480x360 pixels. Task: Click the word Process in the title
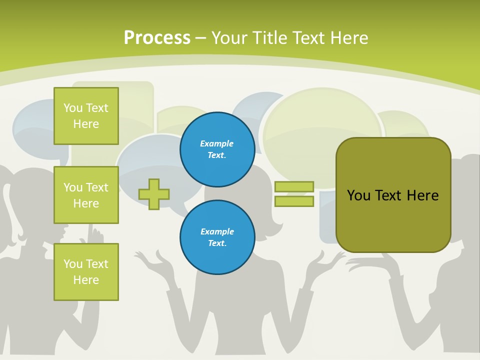click(157, 37)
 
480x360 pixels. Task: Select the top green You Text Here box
click(86, 116)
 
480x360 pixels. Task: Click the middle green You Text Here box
click(86, 195)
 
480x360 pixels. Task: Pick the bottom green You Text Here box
click(86, 272)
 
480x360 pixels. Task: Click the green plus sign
click(154, 194)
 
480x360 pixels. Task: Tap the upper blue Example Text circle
click(217, 149)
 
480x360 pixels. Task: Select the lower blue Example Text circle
click(217, 237)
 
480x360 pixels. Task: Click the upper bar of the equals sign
click(294, 186)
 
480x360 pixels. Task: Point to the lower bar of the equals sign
click(294, 201)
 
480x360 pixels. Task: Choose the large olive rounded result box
click(393, 220)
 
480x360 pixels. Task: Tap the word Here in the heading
click(350, 37)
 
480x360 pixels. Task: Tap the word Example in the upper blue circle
click(217, 143)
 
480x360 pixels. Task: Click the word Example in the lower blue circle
click(217, 231)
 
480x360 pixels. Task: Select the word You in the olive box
click(358, 195)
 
